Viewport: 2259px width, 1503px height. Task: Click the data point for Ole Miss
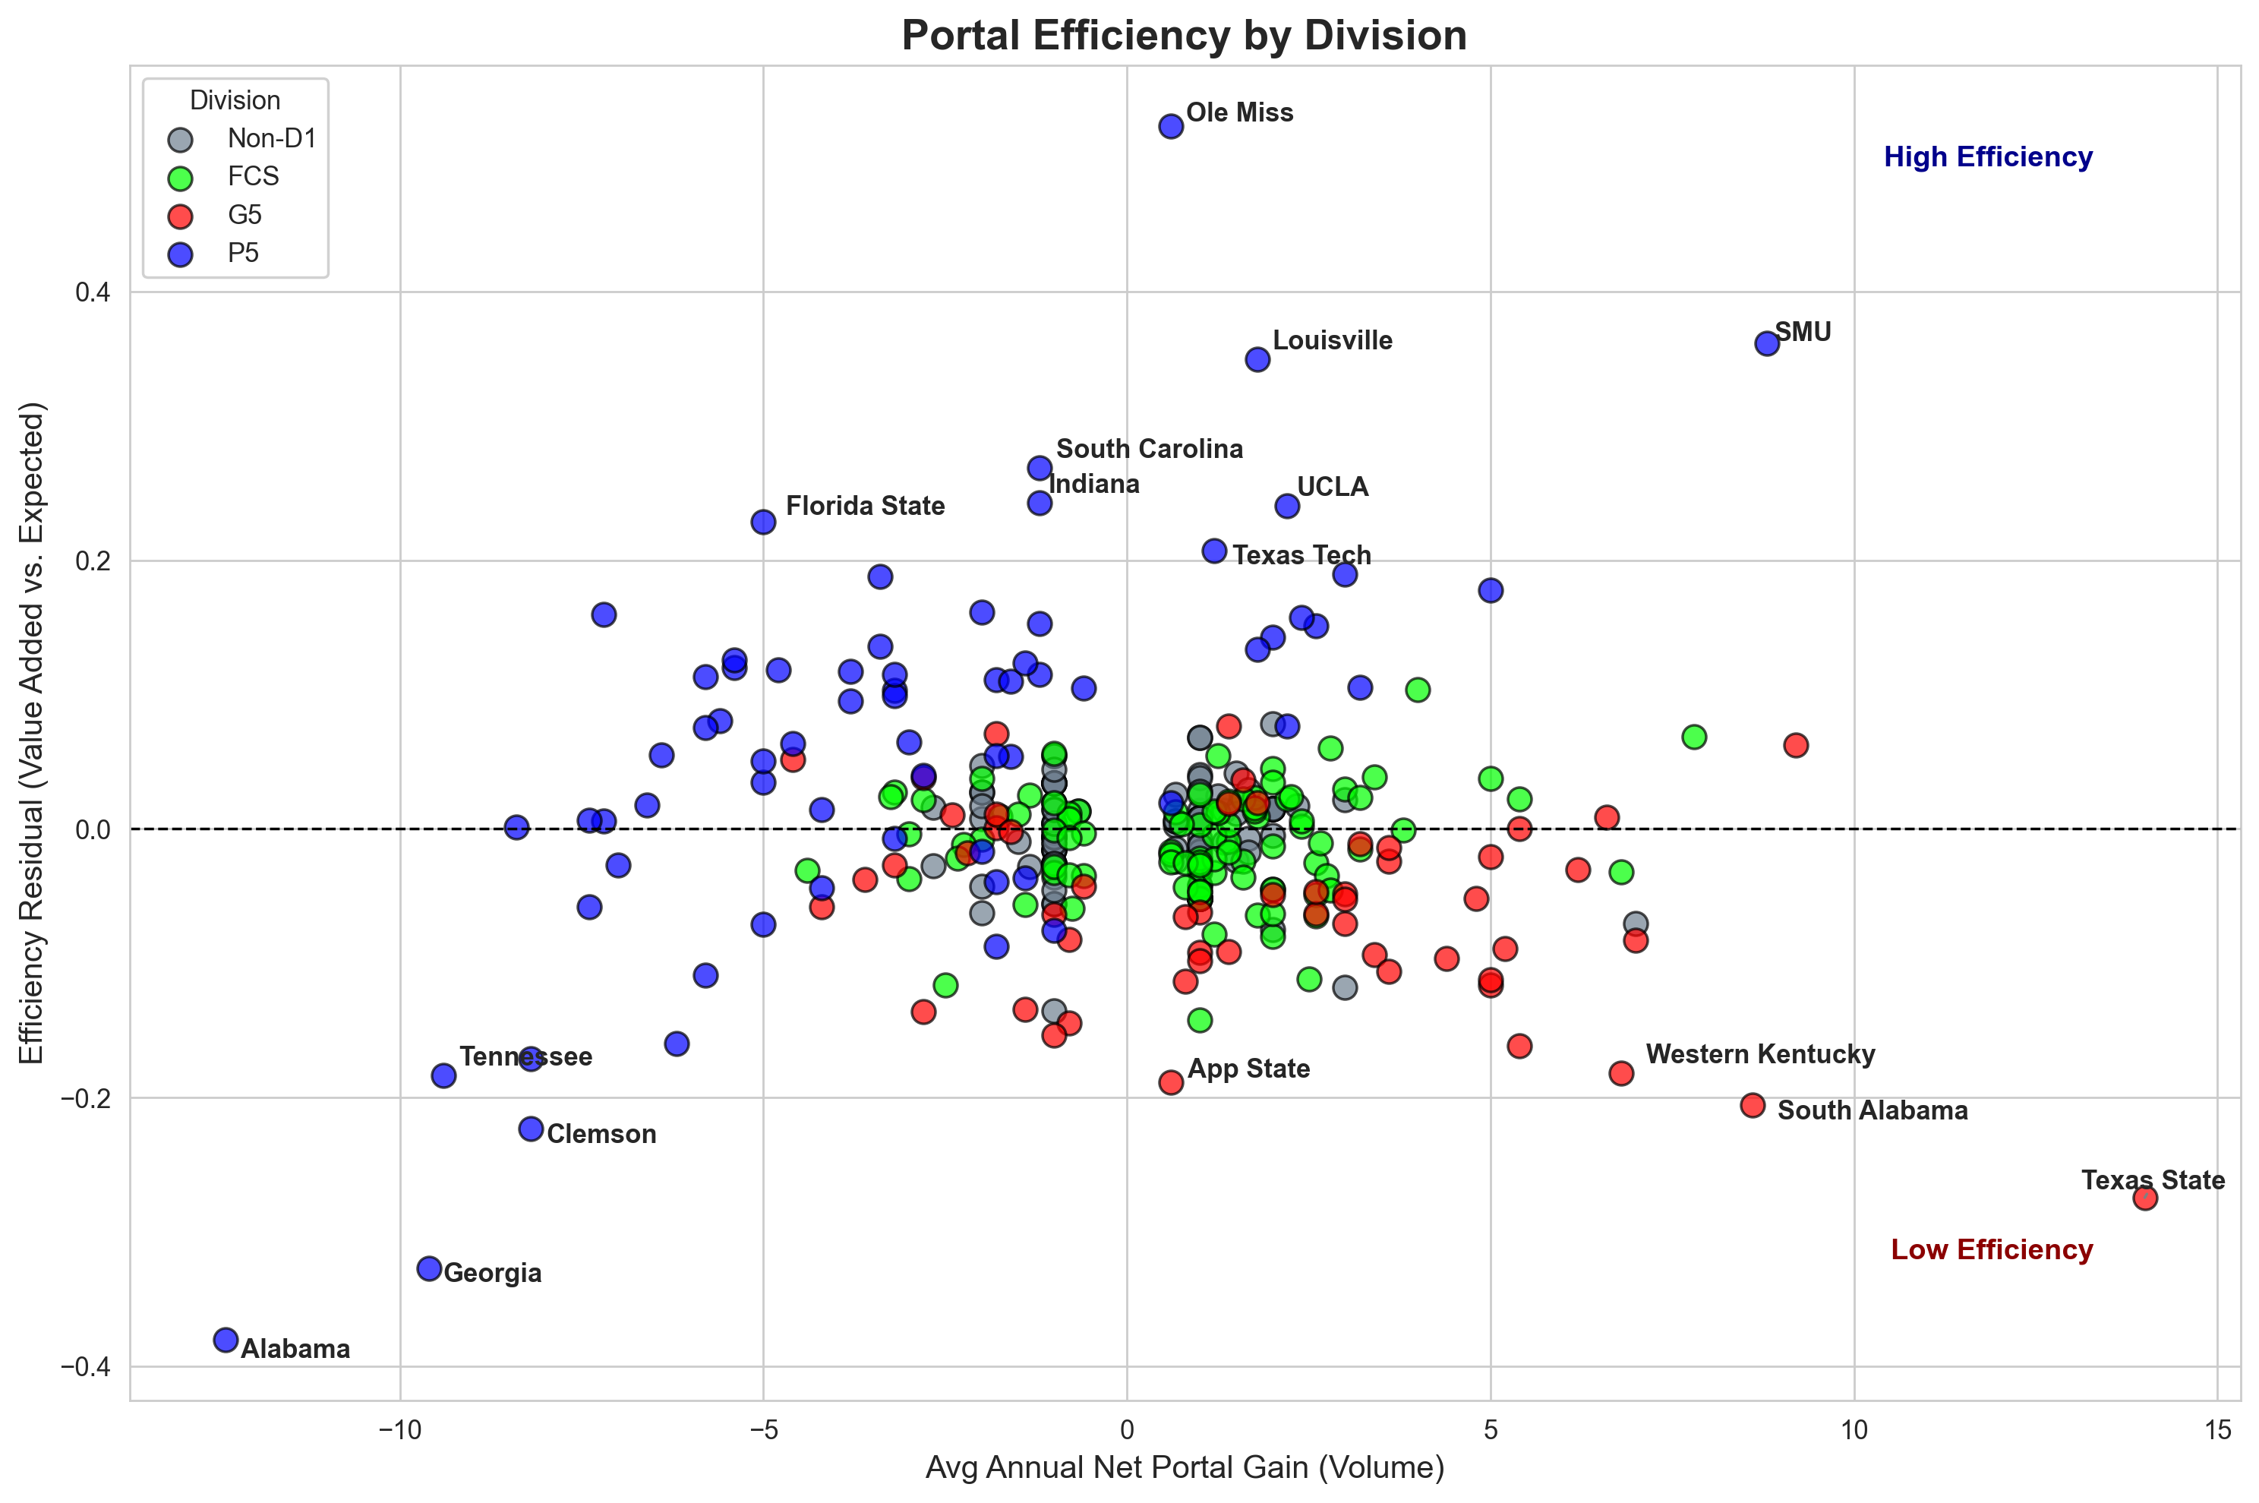click(1170, 125)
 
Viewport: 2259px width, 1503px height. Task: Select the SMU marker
click(1766, 343)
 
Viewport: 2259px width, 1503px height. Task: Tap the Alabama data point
click(226, 1339)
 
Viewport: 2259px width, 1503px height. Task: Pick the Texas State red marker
click(2145, 1197)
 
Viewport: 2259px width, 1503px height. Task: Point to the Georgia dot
click(429, 1268)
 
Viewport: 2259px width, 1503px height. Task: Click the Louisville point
click(1257, 359)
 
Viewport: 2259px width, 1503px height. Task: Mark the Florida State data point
click(763, 522)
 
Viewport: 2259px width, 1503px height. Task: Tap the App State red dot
click(1170, 1082)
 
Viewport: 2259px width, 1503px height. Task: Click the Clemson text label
click(601, 1134)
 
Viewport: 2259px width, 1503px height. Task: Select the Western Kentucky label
click(1759, 1054)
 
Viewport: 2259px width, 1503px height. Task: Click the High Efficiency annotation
click(1987, 156)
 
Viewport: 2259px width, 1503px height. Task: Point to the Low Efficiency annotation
click(1991, 1250)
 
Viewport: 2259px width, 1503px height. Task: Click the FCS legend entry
click(253, 176)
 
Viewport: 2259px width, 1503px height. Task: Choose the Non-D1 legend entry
click(271, 139)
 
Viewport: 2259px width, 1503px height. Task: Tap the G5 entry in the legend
click(245, 215)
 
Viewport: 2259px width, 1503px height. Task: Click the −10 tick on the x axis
click(399, 1431)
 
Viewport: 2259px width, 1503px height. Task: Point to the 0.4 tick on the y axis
click(92, 292)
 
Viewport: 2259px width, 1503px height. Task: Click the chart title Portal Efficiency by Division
click(1184, 36)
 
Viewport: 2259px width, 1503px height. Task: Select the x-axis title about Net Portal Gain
click(1184, 1467)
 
